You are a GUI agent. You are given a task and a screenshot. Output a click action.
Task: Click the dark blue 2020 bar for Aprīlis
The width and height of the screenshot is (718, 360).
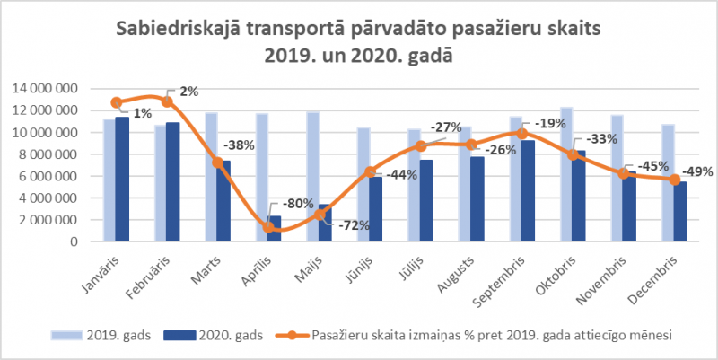tap(275, 229)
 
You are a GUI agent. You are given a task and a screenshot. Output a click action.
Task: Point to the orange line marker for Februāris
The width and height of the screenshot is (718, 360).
tap(167, 101)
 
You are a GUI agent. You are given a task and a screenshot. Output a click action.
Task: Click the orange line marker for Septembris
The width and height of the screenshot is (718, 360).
tap(522, 134)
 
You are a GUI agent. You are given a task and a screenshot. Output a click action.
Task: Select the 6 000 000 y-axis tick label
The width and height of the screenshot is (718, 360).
tap(50, 176)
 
